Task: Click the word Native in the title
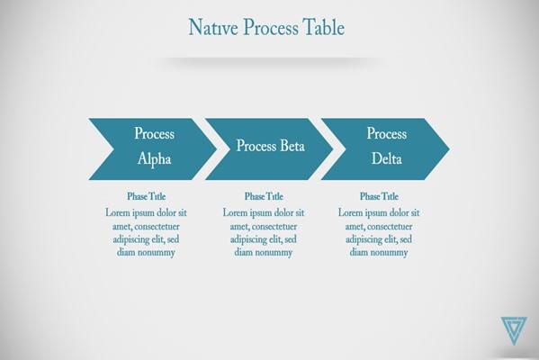tap(213, 27)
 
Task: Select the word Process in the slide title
tap(271, 27)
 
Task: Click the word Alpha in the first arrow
tap(155, 159)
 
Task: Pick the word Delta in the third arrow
tap(387, 158)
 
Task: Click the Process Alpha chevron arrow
tap(153, 149)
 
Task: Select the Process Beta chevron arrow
tap(269, 149)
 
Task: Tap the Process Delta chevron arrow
tap(385, 149)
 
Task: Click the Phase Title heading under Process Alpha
tap(147, 196)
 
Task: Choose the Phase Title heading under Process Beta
tap(264, 196)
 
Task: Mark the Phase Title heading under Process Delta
tap(379, 196)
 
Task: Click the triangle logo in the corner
tap(514, 330)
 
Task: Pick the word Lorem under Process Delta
tap(350, 212)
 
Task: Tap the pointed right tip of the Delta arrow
tap(449, 149)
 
